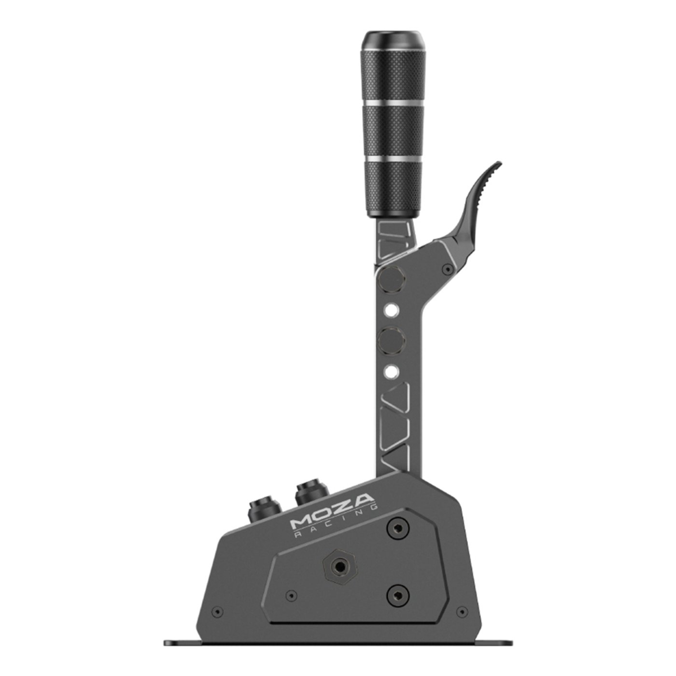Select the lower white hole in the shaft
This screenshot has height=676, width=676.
point(392,371)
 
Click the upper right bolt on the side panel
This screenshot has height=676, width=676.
point(398,529)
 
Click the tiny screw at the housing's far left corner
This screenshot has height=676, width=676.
point(218,612)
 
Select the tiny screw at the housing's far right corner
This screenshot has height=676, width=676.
point(462,612)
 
